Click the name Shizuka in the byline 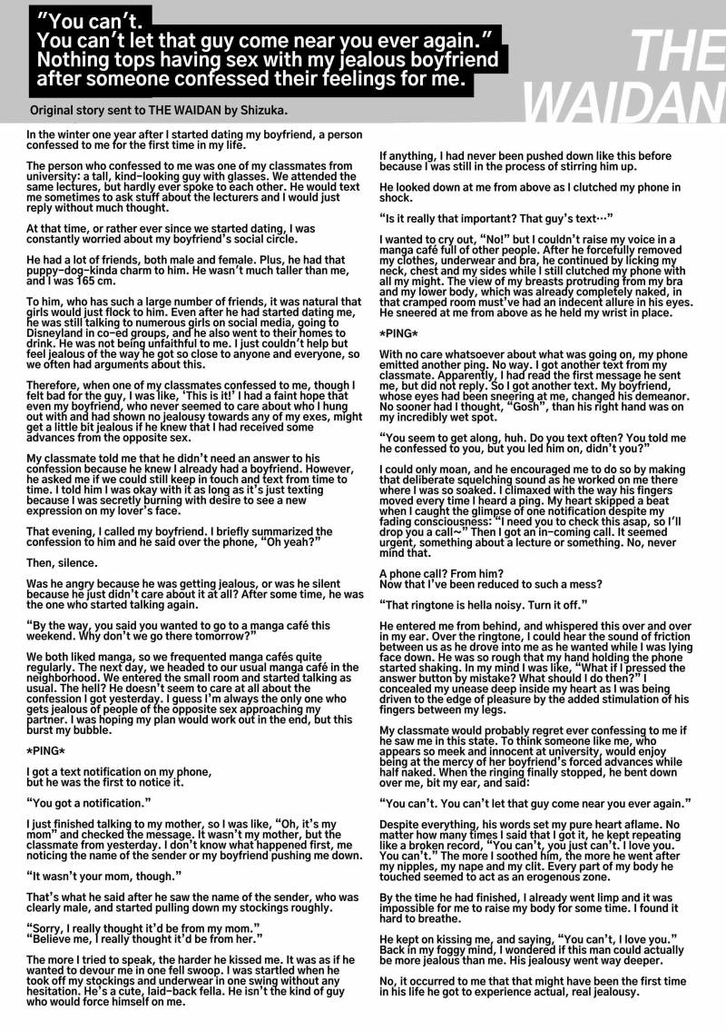point(261,110)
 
